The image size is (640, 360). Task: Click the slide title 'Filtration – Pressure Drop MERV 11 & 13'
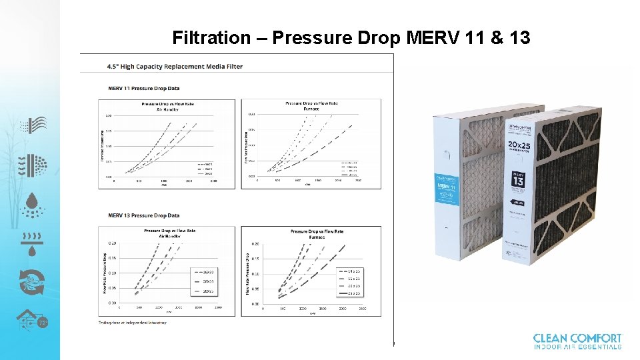click(x=351, y=37)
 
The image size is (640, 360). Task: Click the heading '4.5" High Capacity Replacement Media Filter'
click(x=175, y=67)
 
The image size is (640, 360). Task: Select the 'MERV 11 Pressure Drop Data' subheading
click(x=144, y=88)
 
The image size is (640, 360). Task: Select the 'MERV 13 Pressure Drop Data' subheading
click(x=144, y=215)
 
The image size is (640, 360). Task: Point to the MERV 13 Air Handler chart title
click(x=169, y=233)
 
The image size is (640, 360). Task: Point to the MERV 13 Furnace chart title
click(x=317, y=233)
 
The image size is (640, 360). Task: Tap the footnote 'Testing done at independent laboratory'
click(x=133, y=323)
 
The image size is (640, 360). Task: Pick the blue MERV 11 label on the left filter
click(x=445, y=190)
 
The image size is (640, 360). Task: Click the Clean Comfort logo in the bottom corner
click(x=577, y=341)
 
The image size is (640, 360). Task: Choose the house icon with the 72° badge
click(x=32, y=322)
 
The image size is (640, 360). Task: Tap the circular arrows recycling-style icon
click(x=31, y=282)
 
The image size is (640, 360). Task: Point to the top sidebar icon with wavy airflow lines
click(x=32, y=125)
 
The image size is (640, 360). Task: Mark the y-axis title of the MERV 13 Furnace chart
click(x=247, y=274)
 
